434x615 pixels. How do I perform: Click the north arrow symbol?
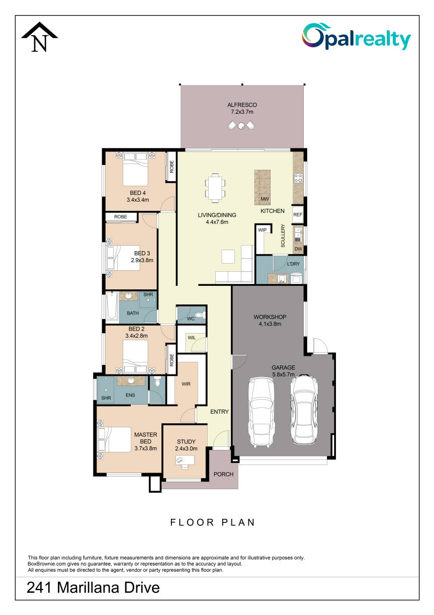click(x=40, y=37)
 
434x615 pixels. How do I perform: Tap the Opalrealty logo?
click(x=356, y=37)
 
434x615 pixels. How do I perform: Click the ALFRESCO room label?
click(x=242, y=105)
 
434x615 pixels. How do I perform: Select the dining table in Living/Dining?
click(x=215, y=188)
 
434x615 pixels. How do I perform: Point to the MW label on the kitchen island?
click(x=265, y=199)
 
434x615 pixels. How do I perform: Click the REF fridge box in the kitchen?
click(x=298, y=214)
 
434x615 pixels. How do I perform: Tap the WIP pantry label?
click(x=262, y=230)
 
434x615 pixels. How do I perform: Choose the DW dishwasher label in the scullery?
click(x=298, y=249)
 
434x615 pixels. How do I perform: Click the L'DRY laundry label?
click(x=293, y=264)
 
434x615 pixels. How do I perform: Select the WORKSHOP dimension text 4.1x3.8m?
click(x=270, y=324)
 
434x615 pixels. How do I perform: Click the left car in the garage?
click(x=261, y=412)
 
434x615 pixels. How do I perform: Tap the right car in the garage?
click(x=304, y=409)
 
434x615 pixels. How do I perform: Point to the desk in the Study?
click(x=185, y=460)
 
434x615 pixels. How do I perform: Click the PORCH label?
click(x=224, y=474)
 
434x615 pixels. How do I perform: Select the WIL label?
click(x=192, y=338)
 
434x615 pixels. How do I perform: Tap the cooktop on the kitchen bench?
click(x=298, y=178)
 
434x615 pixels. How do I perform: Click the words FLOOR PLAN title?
click(x=213, y=522)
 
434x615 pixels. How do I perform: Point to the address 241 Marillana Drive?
click(x=93, y=587)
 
